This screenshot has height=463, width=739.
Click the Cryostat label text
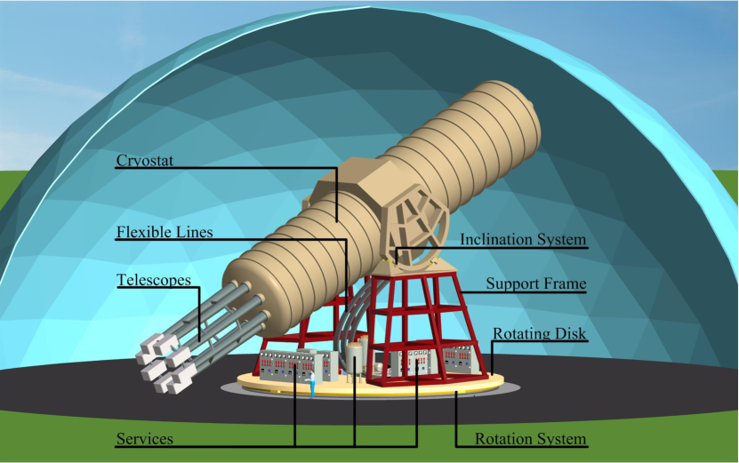click(x=146, y=161)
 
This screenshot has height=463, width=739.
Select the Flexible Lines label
click(x=165, y=233)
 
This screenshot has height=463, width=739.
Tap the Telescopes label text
click(x=154, y=280)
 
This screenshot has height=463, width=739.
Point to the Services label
click(x=145, y=438)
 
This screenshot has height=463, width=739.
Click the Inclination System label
click(x=523, y=240)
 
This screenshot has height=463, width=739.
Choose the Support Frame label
click(x=535, y=284)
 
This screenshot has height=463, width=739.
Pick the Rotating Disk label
click(x=539, y=334)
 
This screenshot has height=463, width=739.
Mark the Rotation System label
click(x=530, y=438)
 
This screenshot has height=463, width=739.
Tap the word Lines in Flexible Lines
click(x=195, y=233)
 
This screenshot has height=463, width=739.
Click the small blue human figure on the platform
click(x=313, y=385)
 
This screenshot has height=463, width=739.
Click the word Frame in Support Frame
click(x=564, y=284)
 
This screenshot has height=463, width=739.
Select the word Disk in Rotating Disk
click(x=571, y=334)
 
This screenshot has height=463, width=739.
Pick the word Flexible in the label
click(x=146, y=233)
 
